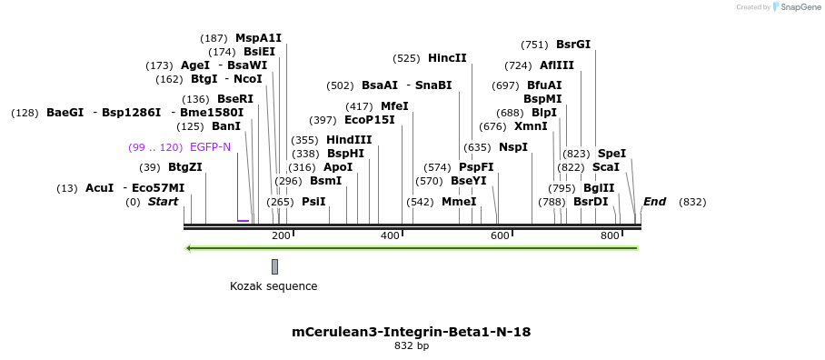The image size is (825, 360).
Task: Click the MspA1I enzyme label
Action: [x=258, y=38]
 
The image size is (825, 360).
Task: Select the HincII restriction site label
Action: [x=447, y=58]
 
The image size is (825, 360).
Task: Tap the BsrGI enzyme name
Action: [x=572, y=45]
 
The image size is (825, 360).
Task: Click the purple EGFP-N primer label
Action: [x=210, y=147]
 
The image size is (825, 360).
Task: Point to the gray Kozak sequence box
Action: [x=274, y=266]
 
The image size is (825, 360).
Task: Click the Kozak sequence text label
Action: [x=273, y=286]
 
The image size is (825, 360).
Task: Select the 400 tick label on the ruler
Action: [x=391, y=236]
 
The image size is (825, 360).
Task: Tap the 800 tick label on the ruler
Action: [x=610, y=236]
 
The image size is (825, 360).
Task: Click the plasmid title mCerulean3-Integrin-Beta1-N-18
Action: [x=411, y=332]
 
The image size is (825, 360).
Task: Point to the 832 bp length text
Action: [x=411, y=346]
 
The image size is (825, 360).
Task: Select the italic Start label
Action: [x=164, y=202]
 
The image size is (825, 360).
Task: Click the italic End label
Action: [x=654, y=202]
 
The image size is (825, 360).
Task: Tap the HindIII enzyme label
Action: [x=349, y=140]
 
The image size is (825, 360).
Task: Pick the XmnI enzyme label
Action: [x=531, y=126]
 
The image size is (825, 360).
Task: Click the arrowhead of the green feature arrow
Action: [x=188, y=247]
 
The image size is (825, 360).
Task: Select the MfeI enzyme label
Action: [x=394, y=106]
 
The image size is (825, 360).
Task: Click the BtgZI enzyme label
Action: [x=184, y=167]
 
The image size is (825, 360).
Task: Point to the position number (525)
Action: [x=406, y=58]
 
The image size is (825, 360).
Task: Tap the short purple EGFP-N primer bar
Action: [x=243, y=220]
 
